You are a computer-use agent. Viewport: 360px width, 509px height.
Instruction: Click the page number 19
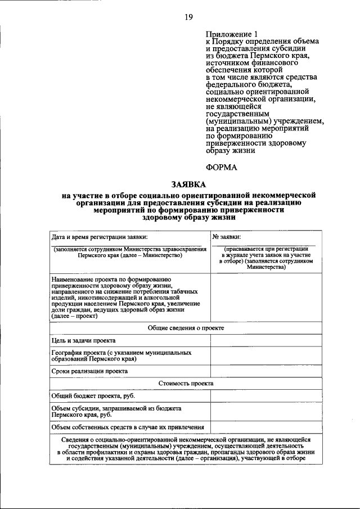188,17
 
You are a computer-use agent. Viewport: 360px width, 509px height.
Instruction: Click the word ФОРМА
222,167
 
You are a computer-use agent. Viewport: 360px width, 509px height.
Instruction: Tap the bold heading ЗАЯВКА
188,184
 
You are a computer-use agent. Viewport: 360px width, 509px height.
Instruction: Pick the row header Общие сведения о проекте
186,328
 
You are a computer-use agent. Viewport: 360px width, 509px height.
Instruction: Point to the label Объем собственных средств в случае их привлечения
128,427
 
